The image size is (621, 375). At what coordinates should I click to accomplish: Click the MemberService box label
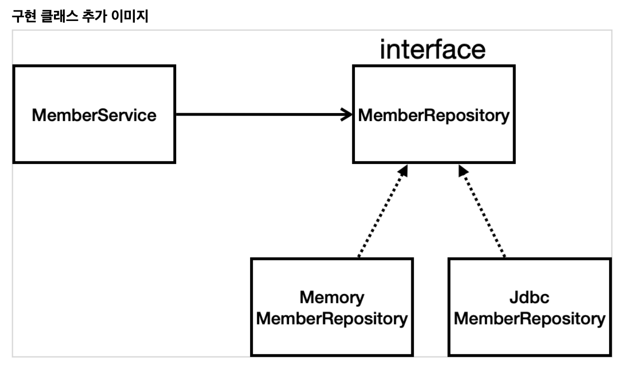94,115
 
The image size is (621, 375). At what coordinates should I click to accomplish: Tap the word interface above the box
432,50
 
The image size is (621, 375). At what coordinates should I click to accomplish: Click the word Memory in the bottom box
331,298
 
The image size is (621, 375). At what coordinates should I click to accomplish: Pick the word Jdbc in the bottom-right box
530,298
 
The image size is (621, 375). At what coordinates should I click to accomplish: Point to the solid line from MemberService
260,114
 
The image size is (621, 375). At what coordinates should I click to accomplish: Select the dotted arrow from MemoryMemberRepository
381,212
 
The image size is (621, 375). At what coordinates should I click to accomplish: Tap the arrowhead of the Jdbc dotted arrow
462,170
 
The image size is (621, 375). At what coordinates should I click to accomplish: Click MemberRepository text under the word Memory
331,318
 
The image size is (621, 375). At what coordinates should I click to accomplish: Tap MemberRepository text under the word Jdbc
530,318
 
